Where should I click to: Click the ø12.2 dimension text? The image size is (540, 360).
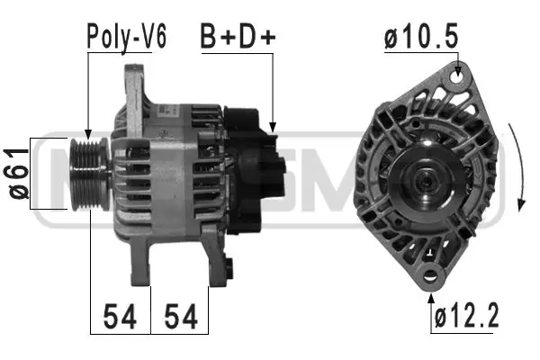click(x=466, y=316)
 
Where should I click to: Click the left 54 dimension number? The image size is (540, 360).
click(x=121, y=316)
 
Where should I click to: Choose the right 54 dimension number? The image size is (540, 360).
click(x=180, y=316)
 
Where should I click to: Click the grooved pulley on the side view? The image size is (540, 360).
click(x=88, y=172)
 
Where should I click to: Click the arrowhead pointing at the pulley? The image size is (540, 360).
click(x=88, y=135)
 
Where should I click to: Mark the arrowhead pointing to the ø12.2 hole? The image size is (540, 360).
click(x=433, y=285)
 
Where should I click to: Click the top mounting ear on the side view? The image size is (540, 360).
click(x=134, y=85)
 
